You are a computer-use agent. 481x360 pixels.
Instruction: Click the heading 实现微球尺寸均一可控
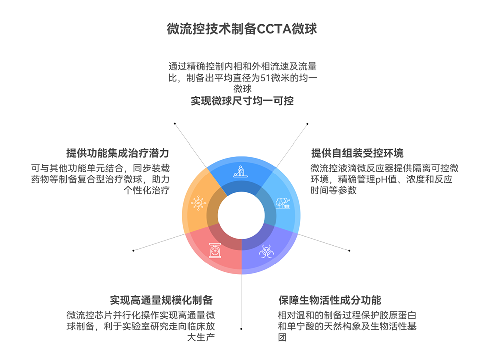click(242, 101)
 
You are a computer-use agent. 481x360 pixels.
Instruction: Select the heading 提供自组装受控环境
click(357, 153)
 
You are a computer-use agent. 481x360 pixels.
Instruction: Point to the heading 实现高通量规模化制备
click(161, 300)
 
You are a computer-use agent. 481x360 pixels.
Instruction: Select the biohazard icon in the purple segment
click(265, 250)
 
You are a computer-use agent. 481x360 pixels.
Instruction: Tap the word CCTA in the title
click(276, 29)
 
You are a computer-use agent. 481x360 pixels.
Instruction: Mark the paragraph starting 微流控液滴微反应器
click(384, 179)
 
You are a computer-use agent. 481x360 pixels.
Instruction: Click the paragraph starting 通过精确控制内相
click(242, 78)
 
